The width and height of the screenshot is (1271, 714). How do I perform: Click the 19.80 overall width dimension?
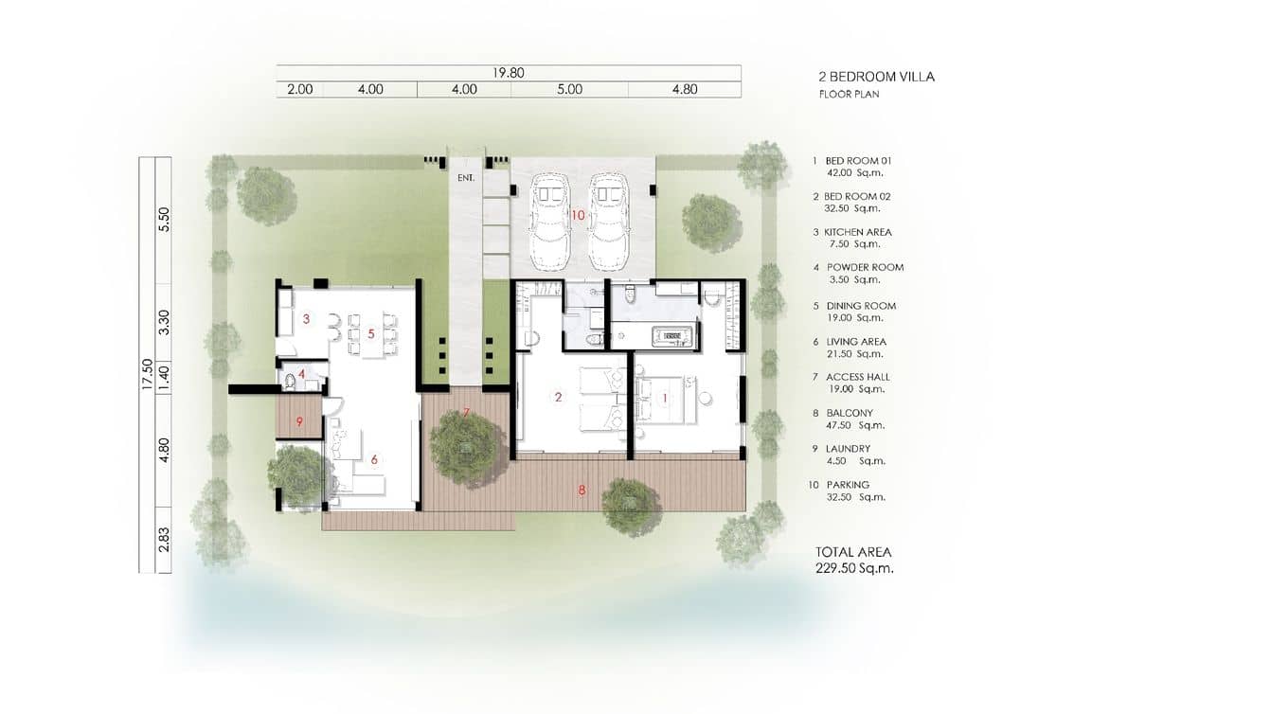[x=508, y=72]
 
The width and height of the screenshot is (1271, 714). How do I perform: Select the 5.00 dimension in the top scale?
[x=569, y=89]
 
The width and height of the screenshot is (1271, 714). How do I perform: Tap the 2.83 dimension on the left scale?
[x=164, y=541]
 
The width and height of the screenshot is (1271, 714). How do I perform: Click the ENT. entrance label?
[x=464, y=177]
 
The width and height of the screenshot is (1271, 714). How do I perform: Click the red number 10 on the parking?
[x=578, y=215]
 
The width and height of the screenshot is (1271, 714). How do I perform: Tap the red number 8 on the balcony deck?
[x=582, y=490]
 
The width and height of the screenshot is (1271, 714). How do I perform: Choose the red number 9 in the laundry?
[x=299, y=421]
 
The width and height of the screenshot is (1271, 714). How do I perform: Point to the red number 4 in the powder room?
[x=301, y=374]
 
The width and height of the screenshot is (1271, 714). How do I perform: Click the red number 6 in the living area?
[x=374, y=459]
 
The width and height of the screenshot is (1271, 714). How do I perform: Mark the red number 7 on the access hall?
[x=466, y=413]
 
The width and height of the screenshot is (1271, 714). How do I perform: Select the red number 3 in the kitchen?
[x=306, y=319]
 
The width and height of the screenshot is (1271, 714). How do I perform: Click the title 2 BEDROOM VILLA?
[x=876, y=77]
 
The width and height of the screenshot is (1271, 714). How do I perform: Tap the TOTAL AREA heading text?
[x=853, y=552]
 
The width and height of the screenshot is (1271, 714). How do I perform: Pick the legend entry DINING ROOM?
[x=860, y=306]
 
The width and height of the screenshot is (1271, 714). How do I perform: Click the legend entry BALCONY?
[x=849, y=413]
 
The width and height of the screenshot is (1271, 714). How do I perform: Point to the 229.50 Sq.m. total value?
[x=854, y=568]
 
